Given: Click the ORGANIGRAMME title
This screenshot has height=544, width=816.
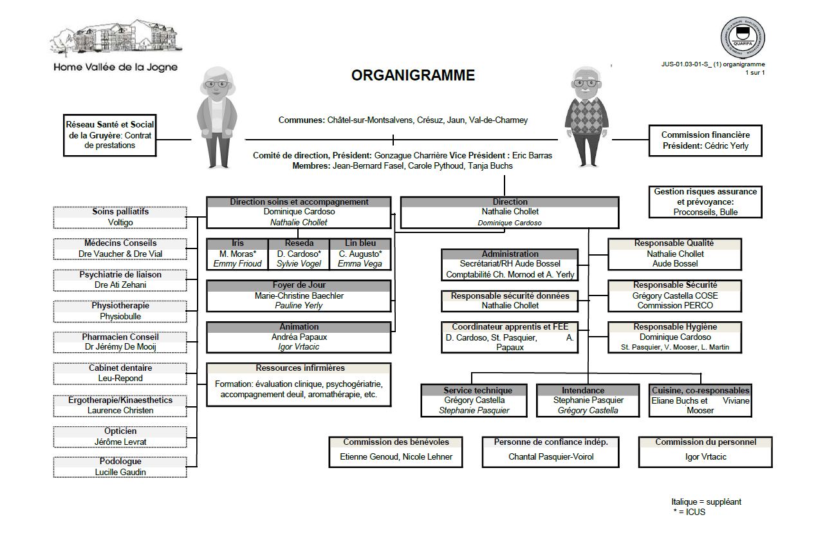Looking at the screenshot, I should [413, 75].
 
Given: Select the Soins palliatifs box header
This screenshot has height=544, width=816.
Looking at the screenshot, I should [120, 212].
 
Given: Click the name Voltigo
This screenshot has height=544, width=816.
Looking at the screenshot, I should [120, 223].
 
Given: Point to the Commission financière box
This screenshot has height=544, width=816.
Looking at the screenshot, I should [705, 140].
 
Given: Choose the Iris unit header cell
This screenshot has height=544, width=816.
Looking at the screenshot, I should [237, 243].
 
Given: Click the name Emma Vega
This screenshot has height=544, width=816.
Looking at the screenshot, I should [360, 263].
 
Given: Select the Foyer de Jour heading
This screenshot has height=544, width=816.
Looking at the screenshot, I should [299, 285].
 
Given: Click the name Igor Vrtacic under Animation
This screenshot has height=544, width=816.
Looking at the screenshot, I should [299, 347].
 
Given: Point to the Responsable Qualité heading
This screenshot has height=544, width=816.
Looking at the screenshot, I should [674, 243].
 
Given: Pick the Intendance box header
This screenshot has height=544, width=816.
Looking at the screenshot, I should [583, 390].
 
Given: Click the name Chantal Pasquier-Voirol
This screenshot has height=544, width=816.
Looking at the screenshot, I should [551, 456].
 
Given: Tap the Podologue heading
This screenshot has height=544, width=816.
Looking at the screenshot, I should [120, 462].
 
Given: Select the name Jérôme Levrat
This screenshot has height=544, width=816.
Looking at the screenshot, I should [120, 442].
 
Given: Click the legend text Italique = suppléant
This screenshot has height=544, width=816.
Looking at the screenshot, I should [707, 502].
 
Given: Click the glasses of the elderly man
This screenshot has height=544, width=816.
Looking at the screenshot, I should [585, 82].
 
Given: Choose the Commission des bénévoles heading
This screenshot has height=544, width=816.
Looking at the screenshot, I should [396, 442].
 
